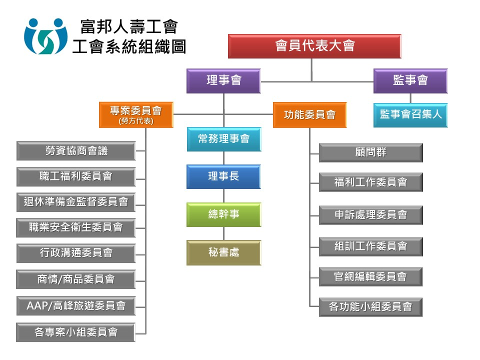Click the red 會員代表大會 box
coord(314,46)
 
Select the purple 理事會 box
coord(223,81)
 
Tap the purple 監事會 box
coord(410,81)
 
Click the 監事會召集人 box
coord(410,114)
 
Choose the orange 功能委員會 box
coord(309,114)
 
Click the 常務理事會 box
coord(223,139)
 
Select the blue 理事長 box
coord(223,176)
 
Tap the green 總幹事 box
coord(223,214)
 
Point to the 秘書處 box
coord(223,252)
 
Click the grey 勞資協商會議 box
coord(76,150)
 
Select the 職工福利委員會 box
coord(76,176)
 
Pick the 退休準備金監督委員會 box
coord(76,202)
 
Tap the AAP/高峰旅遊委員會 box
coord(76,305)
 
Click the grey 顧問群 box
coord(370,152)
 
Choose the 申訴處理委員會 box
coord(370,215)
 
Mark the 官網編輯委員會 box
coord(370,276)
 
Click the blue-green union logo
coord(45,36)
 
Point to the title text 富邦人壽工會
coord(128,26)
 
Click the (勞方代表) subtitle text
coord(136,121)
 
